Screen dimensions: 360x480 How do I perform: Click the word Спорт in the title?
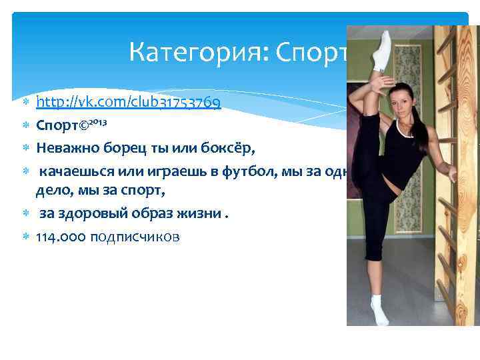tap(307, 51)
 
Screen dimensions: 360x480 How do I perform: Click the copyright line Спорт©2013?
tap(69, 125)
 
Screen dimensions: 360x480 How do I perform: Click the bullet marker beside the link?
tap(26, 103)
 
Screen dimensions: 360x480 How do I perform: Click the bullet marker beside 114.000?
tap(26, 236)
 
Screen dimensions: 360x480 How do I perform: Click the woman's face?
tap(403, 107)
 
